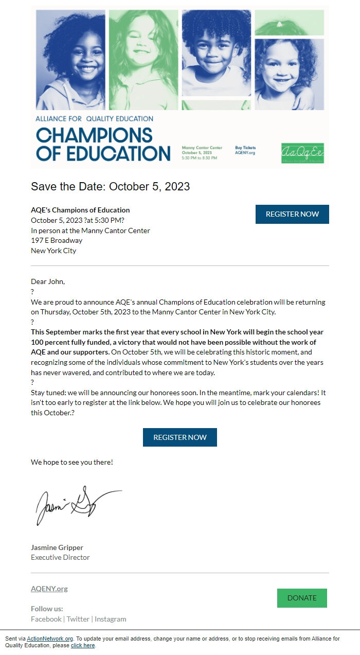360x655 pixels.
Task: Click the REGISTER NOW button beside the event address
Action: point(292,214)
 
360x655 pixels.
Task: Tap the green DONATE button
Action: point(302,598)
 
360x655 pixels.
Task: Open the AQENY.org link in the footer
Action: point(49,589)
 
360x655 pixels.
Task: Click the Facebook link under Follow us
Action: point(46,619)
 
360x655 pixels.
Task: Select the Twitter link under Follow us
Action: point(78,619)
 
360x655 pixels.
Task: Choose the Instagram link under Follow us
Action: point(110,619)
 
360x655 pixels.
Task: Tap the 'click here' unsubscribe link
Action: point(83,645)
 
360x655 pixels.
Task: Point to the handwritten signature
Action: point(77,504)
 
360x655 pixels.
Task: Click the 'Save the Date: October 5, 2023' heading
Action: point(110,186)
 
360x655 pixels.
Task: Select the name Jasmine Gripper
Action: point(57,547)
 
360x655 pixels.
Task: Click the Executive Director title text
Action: point(60,557)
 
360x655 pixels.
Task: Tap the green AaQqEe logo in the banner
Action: point(302,153)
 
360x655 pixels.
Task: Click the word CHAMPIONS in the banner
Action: point(94,135)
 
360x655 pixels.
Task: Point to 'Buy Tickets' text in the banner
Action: point(245,148)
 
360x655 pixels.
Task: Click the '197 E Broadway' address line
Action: point(57,240)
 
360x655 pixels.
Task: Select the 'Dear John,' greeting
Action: point(48,281)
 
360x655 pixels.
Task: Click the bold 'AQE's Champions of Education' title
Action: point(80,210)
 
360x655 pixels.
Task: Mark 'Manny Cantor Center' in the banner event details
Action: point(202,148)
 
